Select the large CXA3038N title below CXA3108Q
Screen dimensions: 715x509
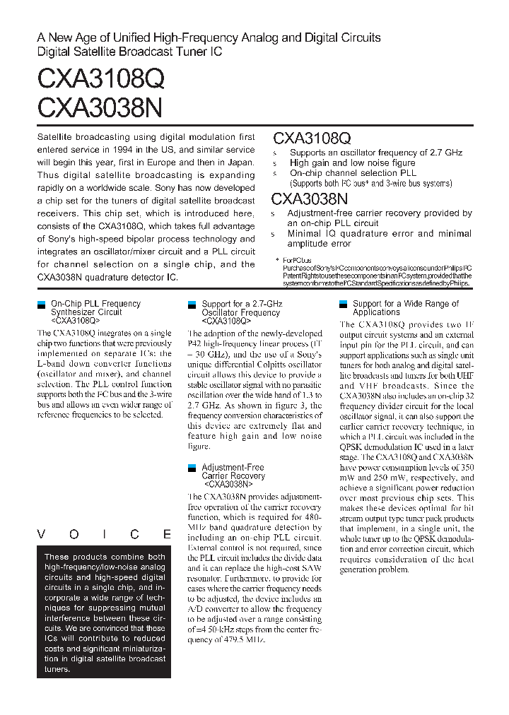(100, 107)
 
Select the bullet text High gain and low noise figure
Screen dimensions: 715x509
(352, 162)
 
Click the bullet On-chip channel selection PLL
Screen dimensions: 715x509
(353, 173)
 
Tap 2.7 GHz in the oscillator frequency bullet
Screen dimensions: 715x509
(443, 153)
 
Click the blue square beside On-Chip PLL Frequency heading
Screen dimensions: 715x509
(40, 305)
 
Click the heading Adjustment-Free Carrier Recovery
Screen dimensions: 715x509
(233, 471)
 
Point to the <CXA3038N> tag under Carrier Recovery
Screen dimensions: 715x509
(228, 485)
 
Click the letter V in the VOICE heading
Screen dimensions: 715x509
(42, 534)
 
